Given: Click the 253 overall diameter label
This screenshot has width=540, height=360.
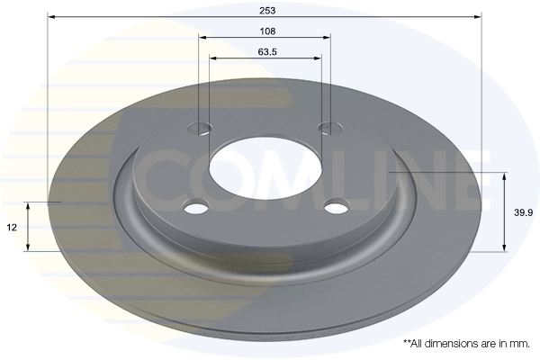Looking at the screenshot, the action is (x=267, y=11).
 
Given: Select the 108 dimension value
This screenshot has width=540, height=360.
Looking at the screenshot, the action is (x=267, y=31).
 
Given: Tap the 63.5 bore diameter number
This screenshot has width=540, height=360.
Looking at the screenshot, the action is (x=267, y=52).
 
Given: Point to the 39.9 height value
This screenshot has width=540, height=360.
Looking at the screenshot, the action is (x=523, y=212).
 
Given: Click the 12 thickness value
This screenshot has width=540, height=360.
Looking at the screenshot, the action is (x=12, y=228).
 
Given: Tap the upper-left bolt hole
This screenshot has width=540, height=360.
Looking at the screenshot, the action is (x=200, y=128).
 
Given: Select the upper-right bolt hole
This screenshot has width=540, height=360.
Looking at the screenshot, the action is (x=330, y=128).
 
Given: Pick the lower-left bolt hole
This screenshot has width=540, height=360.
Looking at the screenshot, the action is (x=196, y=208).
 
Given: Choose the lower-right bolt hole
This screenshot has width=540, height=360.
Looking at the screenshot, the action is (x=337, y=208).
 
